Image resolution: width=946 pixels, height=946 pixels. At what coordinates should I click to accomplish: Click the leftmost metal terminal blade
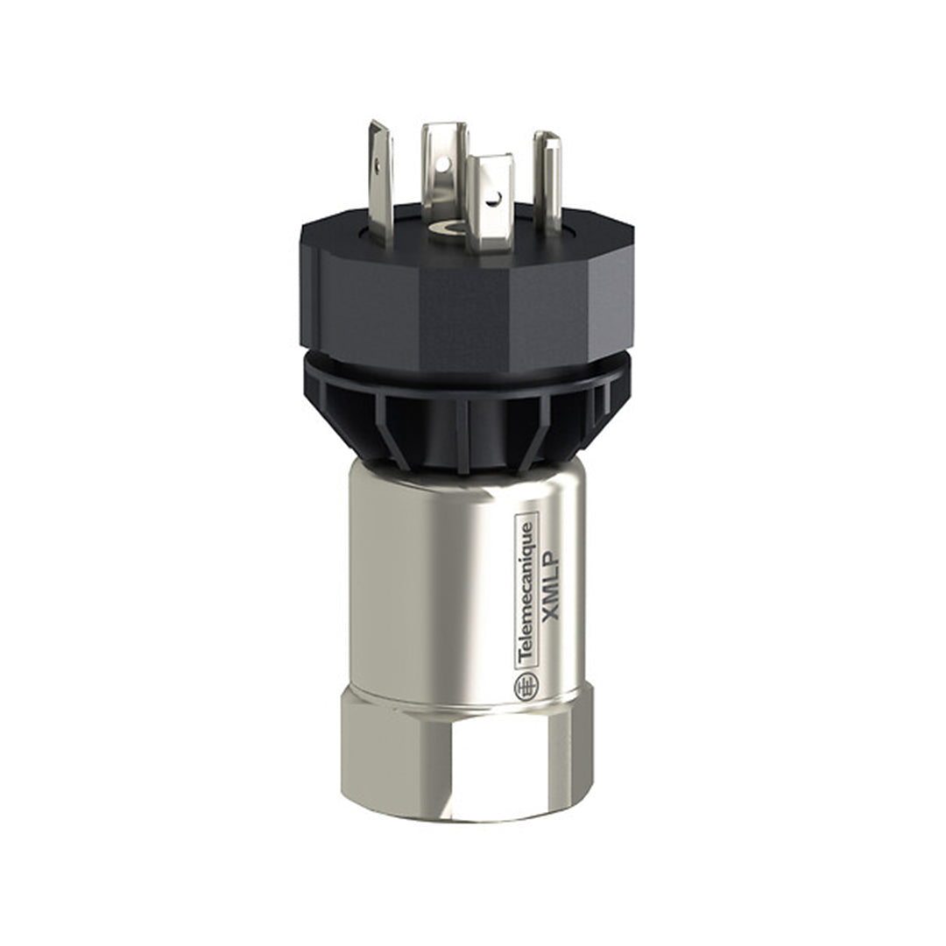pos(380,180)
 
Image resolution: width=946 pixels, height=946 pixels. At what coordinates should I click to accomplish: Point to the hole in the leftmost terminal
pos(378,161)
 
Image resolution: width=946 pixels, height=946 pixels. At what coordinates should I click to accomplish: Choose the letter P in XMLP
pos(552,552)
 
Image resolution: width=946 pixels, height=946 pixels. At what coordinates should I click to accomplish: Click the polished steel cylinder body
pos(438,578)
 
